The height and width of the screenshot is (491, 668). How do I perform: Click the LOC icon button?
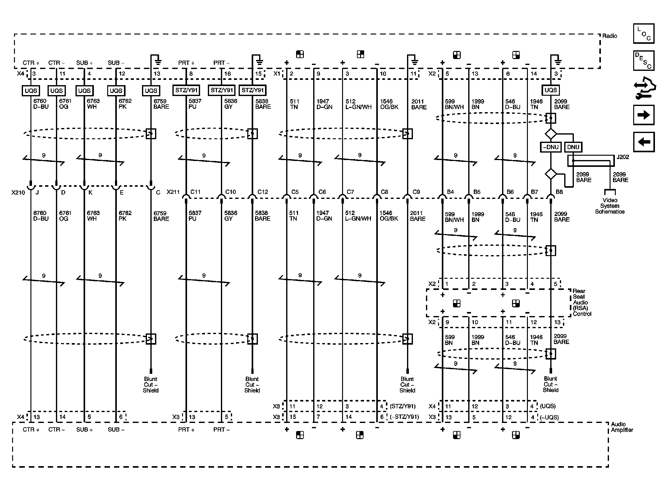tap(644, 34)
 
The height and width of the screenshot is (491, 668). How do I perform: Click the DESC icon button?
tap(644, 61)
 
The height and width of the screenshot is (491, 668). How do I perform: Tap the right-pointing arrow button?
tap(644, 115)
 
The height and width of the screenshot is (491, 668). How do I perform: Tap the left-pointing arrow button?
tap(644, 142)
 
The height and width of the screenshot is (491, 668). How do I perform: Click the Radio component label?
tap(610, 36)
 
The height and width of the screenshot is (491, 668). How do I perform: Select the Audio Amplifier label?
tap(622, 427)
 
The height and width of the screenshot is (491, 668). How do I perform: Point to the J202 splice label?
tap(623, 157)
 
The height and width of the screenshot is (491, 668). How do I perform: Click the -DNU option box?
tap(551, 147)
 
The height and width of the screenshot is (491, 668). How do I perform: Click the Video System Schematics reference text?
tap(610, 206)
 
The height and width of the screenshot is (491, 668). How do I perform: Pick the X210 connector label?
tap(18, 193)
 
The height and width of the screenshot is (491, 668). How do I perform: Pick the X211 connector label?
tap(173, 192)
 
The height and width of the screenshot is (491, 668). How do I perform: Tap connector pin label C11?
tap(195, 192)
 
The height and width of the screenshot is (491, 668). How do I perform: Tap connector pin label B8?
tap(559, 192)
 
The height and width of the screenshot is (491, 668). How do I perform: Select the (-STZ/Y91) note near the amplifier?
tap(404, 417)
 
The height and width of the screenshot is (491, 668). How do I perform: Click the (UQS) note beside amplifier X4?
tap(547, 406)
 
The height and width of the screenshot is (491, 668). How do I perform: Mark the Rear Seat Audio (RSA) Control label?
tap(582, 302)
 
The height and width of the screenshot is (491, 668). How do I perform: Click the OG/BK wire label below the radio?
tap(389, 107)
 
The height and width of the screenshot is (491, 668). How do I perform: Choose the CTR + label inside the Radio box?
tap(31, 63)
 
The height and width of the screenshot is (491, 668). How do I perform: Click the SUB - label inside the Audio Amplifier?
tap(116, 429)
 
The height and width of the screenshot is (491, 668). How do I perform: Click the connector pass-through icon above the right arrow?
tap(644, 88)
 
